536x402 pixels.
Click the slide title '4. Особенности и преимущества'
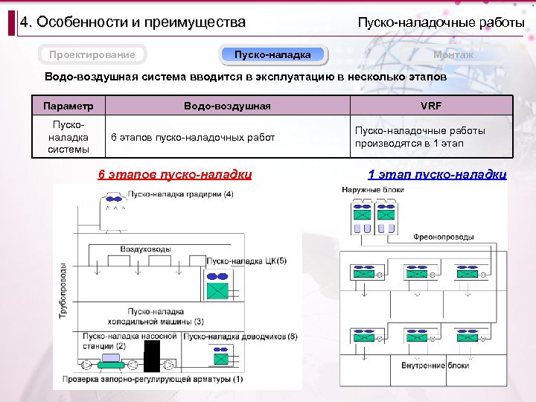point(133,22)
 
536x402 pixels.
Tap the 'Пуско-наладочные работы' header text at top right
point(441,22)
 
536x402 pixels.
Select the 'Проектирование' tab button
point(92,54)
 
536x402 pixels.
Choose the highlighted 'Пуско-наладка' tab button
point(272,54)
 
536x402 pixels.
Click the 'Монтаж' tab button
point(453,54)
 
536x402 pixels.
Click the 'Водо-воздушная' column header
point(227,106)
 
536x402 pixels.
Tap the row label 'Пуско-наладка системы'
point(68,137)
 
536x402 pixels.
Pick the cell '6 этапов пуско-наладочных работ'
point(192,137)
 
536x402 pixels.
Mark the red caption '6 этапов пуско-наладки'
point(175,175)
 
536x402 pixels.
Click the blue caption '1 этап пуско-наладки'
point(437,175)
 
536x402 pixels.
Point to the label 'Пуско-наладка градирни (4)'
point(181,194)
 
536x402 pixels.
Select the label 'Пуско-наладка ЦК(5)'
point(246,261)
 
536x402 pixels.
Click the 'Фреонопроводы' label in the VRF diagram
point(444,237)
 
